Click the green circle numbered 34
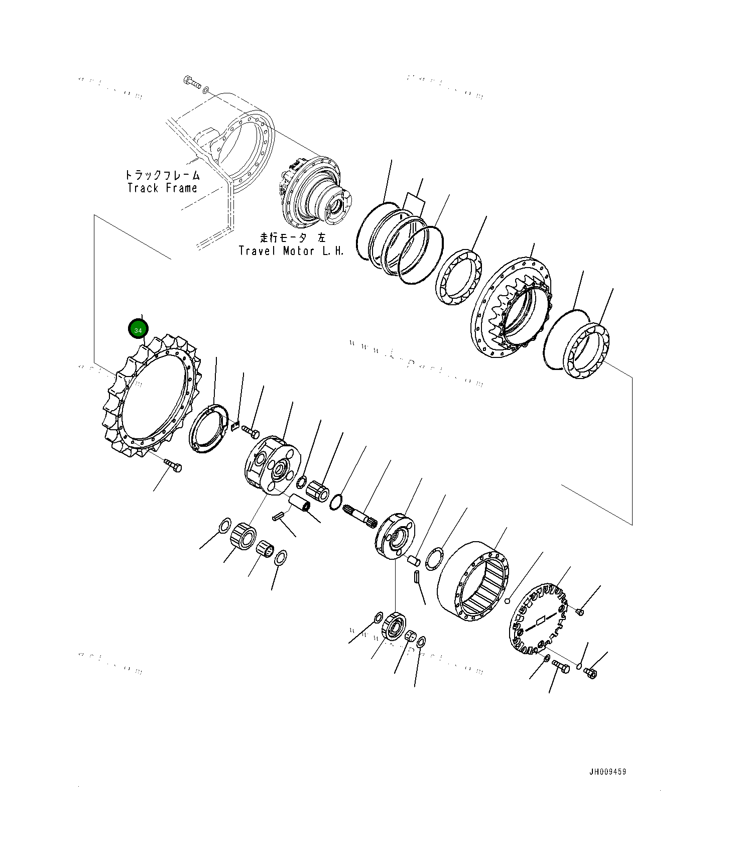click(x=138, y=329)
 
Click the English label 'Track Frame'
click(x=162, y=188)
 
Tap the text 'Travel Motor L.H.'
click(x=291, y=251)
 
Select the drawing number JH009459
click(x=607, y=772)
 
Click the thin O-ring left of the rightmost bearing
click(x=567, y=339)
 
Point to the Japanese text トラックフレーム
click(x=162, y=175)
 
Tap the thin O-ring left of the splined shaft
click(x=336, y=501)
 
